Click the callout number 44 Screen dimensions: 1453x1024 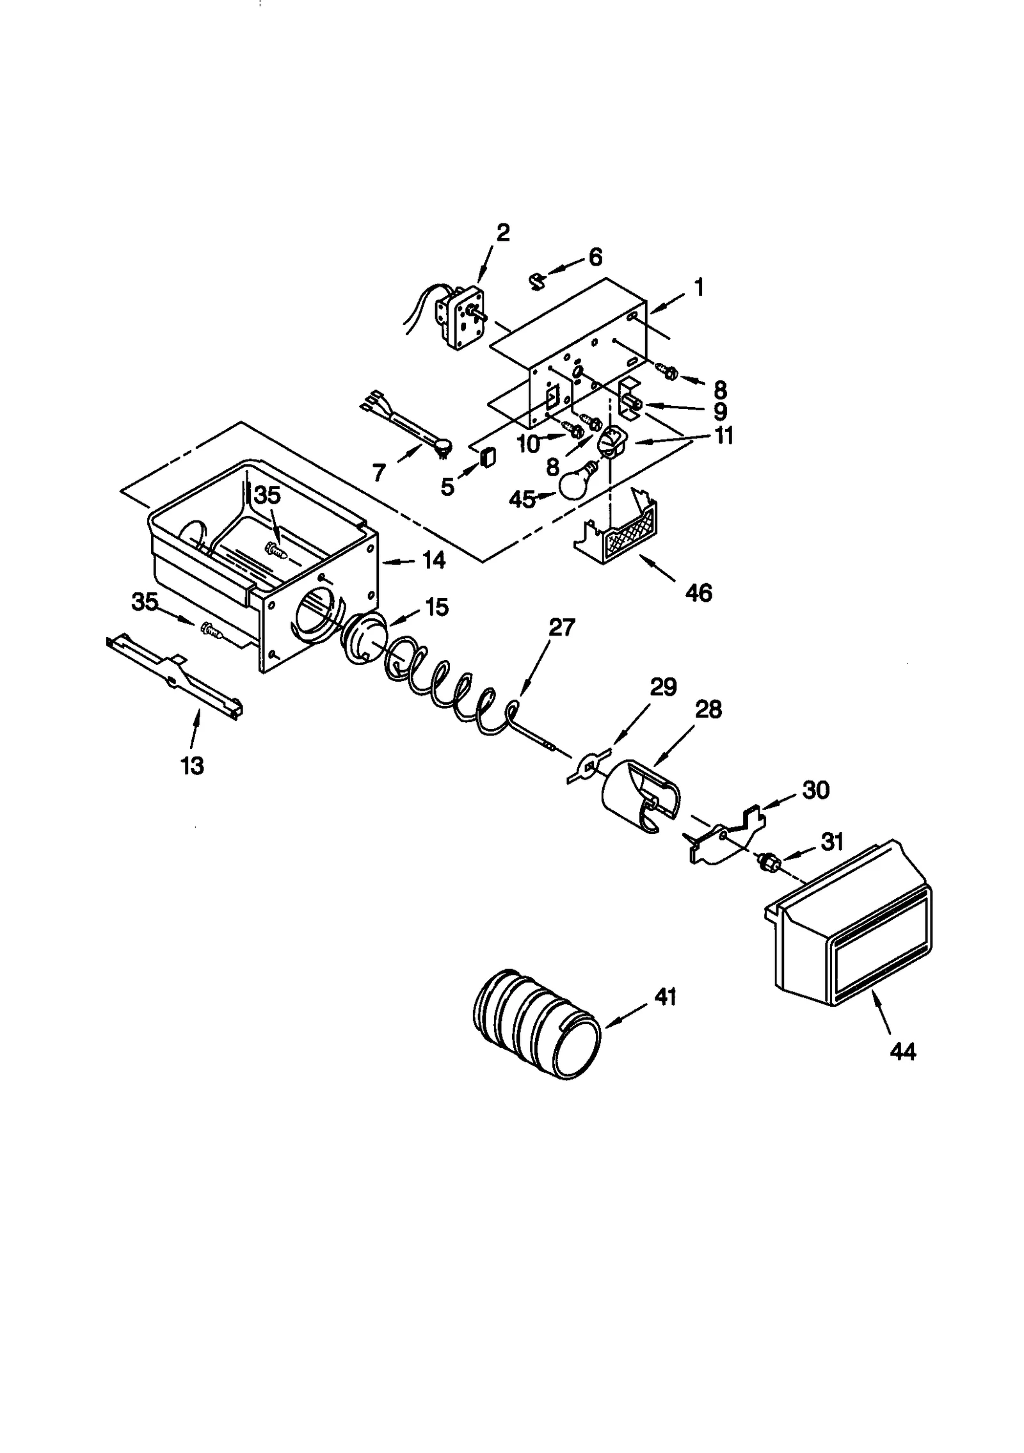click(x=902, y=1052)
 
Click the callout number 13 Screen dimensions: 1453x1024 click(x=193, y=766)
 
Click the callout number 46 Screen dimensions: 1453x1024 click(x=698, y=593)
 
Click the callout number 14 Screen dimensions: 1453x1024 click(x=434, y=561)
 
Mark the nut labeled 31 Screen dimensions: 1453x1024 click(x=771, y=863)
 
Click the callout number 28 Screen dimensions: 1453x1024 click(x=708, y=709)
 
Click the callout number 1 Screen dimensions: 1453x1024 click(x=700, y=287)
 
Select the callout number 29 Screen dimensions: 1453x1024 click(x=663, y=687)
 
